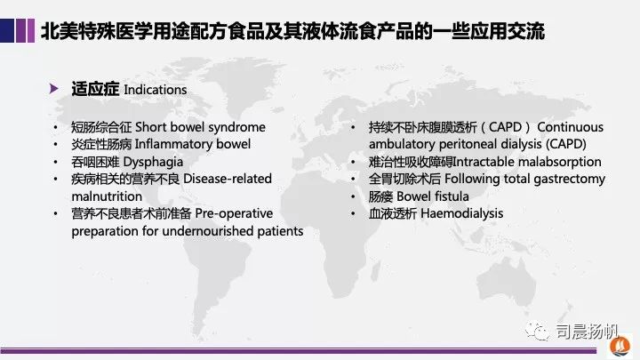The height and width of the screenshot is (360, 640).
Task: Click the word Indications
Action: click(x=155, y=90)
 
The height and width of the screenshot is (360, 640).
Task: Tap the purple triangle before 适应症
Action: click(x=53, y=89)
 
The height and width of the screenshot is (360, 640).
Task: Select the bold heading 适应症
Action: click(x=95, y=89)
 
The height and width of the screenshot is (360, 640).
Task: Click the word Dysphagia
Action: click(x=153, y=163)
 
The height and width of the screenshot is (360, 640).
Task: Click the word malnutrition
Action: click(x=107, y=196)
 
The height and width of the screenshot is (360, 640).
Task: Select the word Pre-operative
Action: click(x=234, y=213)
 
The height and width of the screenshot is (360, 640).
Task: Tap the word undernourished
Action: click(x=208, y=231)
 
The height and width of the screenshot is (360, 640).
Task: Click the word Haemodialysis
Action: click(x=461, y=214)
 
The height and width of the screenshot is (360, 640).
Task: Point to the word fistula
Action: click(x=452, y=196)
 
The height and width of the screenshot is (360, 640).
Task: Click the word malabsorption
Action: click(x=559, y=162)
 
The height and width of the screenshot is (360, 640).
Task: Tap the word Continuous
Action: click(x=570, y=127)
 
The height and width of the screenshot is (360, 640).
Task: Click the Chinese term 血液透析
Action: click(x=393, y=214)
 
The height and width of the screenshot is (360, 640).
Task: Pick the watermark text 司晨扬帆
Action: click(x=587, y=332)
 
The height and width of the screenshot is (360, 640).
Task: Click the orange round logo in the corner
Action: click(x=620, y=347)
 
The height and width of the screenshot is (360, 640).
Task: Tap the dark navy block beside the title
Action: click(x=7, y=30)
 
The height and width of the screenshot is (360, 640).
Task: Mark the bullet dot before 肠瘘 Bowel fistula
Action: click(x=353, y=196)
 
